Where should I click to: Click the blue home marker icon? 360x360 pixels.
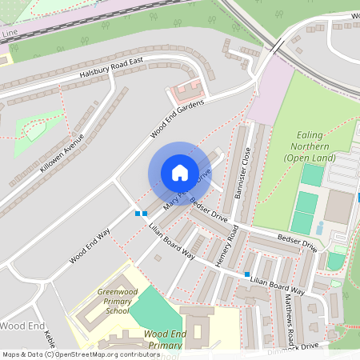[x=179, y=173]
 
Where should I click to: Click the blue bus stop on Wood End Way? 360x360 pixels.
[x=142, y=213]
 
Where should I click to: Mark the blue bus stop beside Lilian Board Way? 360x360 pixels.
[x=247, y=274]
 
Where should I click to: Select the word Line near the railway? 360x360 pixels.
[x=10, y=34]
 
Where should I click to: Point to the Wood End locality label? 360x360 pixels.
[x=22, y=326]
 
